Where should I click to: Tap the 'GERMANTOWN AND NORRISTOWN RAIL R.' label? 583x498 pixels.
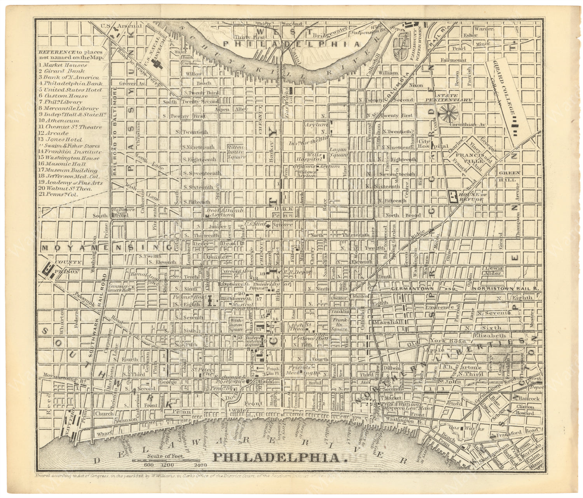466,288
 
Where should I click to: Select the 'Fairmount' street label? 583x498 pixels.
453,60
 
